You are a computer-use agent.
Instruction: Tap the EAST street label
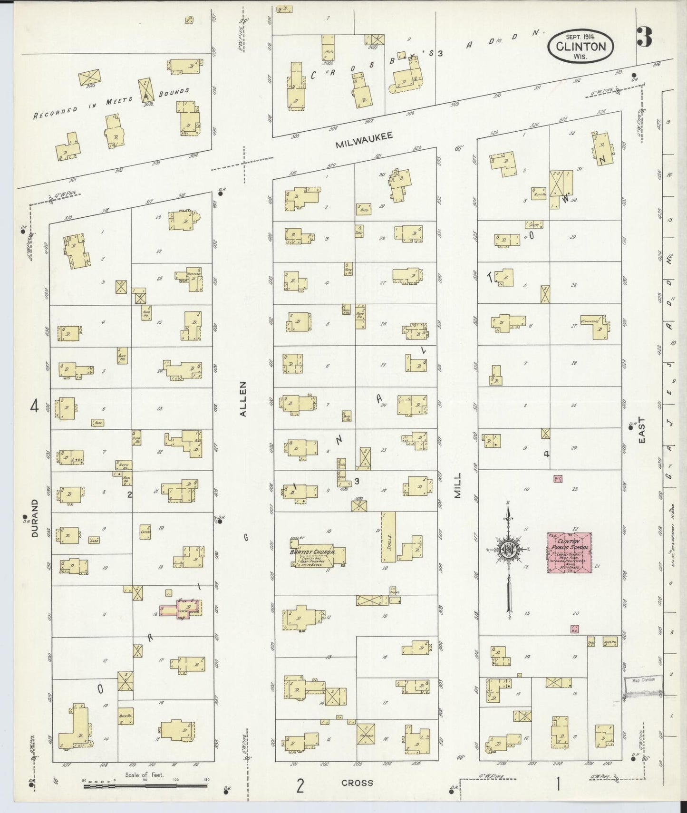coord(642,430)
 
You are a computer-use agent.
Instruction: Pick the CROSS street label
coord(357,783)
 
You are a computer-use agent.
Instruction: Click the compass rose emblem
coord(508,551)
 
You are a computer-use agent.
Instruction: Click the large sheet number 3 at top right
coord(644,38)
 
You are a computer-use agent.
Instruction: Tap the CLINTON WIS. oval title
coord(581,47)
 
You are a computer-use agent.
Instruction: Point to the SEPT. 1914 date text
coord(581,36)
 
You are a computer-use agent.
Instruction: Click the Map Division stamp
coord(642,680)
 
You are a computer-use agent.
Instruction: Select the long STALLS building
coord(388,537)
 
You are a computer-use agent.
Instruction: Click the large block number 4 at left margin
coord(34,406)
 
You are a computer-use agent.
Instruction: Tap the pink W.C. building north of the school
coord(558,478)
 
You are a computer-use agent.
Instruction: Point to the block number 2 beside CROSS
coord(300,786)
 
